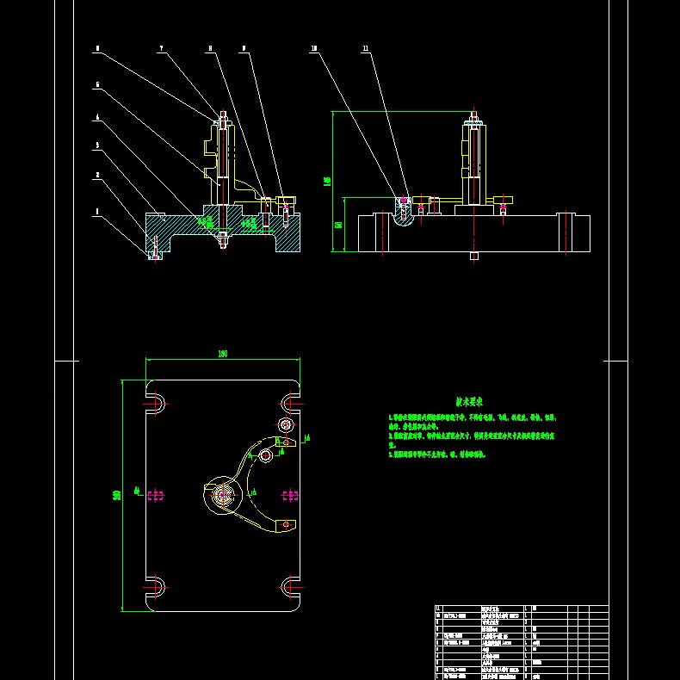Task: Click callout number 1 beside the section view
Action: [97, 211]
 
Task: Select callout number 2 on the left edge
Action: [97, 175]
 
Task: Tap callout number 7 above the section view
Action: [161, 49]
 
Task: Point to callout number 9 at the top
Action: [244, 49]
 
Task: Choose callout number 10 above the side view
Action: [314, 49]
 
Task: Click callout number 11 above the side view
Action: [366, 49]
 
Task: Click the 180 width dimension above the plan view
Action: [222, 353]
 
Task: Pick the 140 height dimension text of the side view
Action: [326, 181]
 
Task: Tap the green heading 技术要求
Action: [469, 401]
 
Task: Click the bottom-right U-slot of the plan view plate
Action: [290, 587]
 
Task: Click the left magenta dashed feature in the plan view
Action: [157, 495]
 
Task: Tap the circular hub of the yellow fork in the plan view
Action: [223, 494]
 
